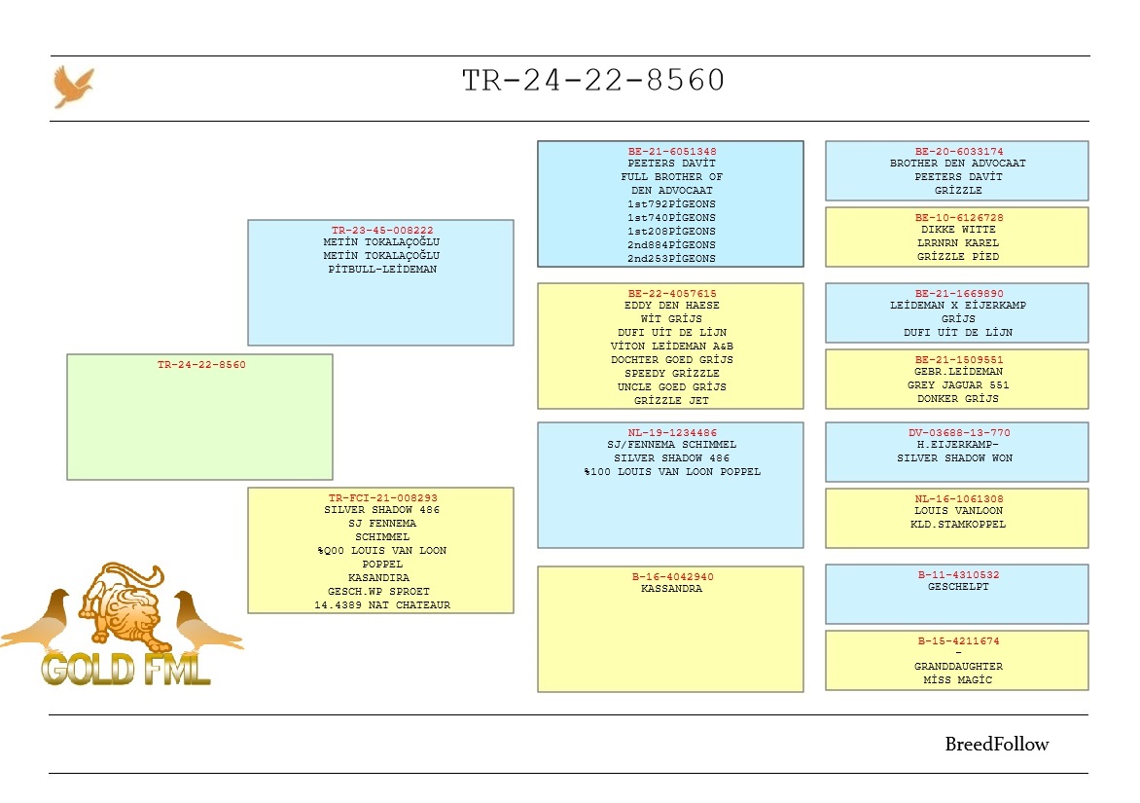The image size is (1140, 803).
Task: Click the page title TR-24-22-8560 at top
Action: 593,80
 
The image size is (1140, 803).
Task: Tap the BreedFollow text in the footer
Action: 997,744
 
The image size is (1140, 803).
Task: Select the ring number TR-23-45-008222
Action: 382,230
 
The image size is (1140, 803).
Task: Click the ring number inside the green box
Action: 201,364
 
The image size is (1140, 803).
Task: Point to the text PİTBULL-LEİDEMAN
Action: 382,269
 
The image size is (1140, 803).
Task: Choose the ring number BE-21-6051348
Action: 672,151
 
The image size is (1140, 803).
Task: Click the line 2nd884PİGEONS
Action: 672,245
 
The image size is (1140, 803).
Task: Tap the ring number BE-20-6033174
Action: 959,151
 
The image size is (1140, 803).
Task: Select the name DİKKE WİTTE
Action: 958,229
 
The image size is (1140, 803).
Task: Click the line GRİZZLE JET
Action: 672,401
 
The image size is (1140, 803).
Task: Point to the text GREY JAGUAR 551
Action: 958,384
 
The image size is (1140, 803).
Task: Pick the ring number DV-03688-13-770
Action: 959,433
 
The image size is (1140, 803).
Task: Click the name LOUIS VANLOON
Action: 958,511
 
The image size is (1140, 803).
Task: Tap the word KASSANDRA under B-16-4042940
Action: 672,589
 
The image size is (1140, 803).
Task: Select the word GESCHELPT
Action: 958,586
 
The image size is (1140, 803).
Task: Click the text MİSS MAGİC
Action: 958,680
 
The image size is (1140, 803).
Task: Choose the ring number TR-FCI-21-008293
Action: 382,498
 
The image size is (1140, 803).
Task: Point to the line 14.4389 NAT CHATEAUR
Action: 382,605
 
